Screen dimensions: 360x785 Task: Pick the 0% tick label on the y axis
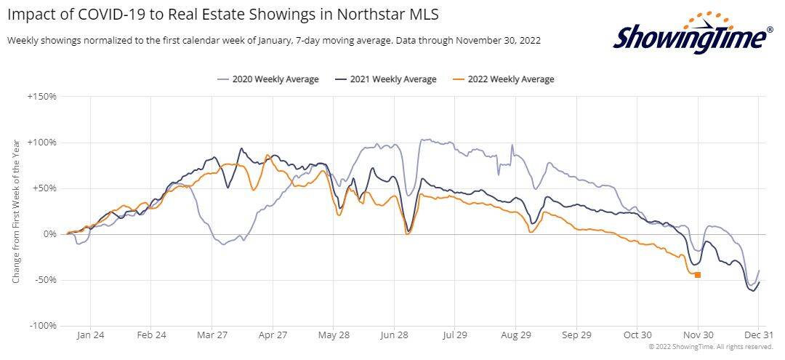tap(49, 234)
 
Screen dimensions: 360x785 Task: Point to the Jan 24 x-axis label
tap(90, 336)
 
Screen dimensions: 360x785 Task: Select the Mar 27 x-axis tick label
tap(212, 336)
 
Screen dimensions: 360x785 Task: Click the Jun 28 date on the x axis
tap(393, 336)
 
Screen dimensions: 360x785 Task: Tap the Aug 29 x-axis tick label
tap(515, 336)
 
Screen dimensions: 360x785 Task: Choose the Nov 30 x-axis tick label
tap(697, 336)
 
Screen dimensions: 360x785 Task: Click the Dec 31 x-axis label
tap(757, 336)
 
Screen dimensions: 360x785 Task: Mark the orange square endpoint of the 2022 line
tap(698, 275)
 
